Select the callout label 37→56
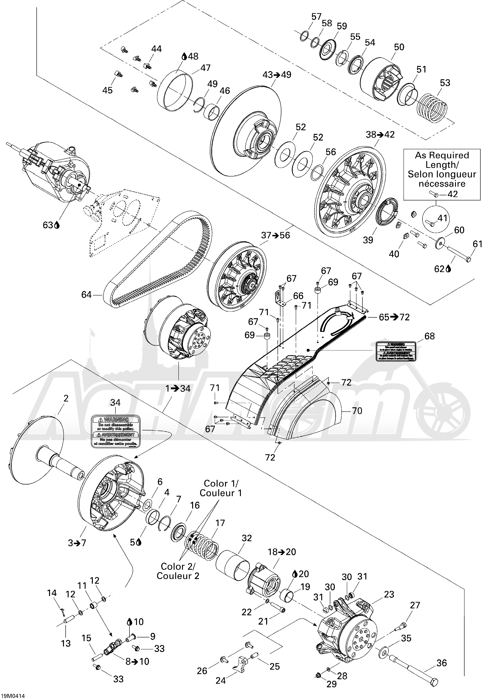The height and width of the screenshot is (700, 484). click(276, 235)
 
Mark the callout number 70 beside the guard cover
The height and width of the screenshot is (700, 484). click(357, 411)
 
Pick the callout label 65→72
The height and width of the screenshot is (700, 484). click(394, 317)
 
